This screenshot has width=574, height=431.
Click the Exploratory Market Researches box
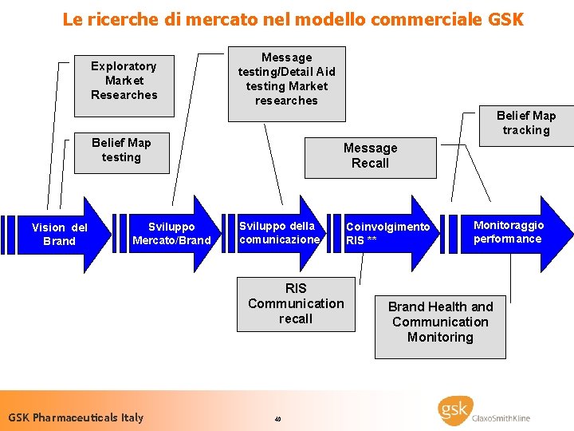point(123,81)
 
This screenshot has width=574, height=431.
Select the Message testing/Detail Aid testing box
point(286,79)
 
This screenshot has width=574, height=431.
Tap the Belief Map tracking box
point(525,123)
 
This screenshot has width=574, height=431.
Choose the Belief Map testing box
point(120,150)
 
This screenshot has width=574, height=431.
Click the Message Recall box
point(370,156)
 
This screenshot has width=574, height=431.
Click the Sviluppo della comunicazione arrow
point(278,233)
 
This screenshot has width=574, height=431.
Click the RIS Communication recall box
point(296,303)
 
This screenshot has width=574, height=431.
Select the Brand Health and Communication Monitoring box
point(440,322)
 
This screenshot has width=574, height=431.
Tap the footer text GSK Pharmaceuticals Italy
point(76,417)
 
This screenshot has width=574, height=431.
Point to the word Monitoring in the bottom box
point(440,337)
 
